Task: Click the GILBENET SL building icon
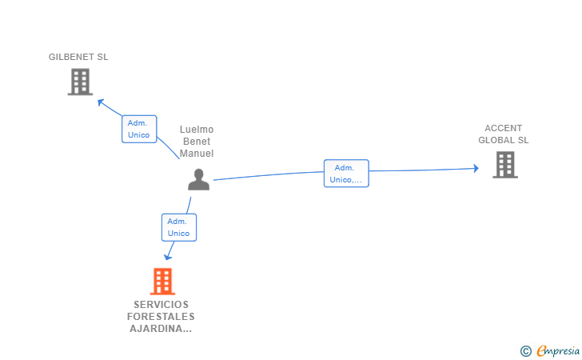tap(80, 82)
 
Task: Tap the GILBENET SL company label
tap(78, 57)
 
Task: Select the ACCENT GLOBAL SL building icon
tap(504, 165)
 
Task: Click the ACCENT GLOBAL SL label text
tap(504, 134)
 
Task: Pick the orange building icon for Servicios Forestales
tap(162, 282)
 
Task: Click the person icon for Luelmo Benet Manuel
tap(198, 180)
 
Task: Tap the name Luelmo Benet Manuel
tap(197, 142)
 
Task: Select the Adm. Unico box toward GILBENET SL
tap(139, 129)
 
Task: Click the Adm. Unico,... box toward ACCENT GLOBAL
tap(346, 174)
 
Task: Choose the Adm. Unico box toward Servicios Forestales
tap(179, 227)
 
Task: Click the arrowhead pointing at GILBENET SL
tap(101, 102)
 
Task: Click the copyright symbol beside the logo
tap(525, 350)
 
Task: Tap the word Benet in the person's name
tap(197, 142)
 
